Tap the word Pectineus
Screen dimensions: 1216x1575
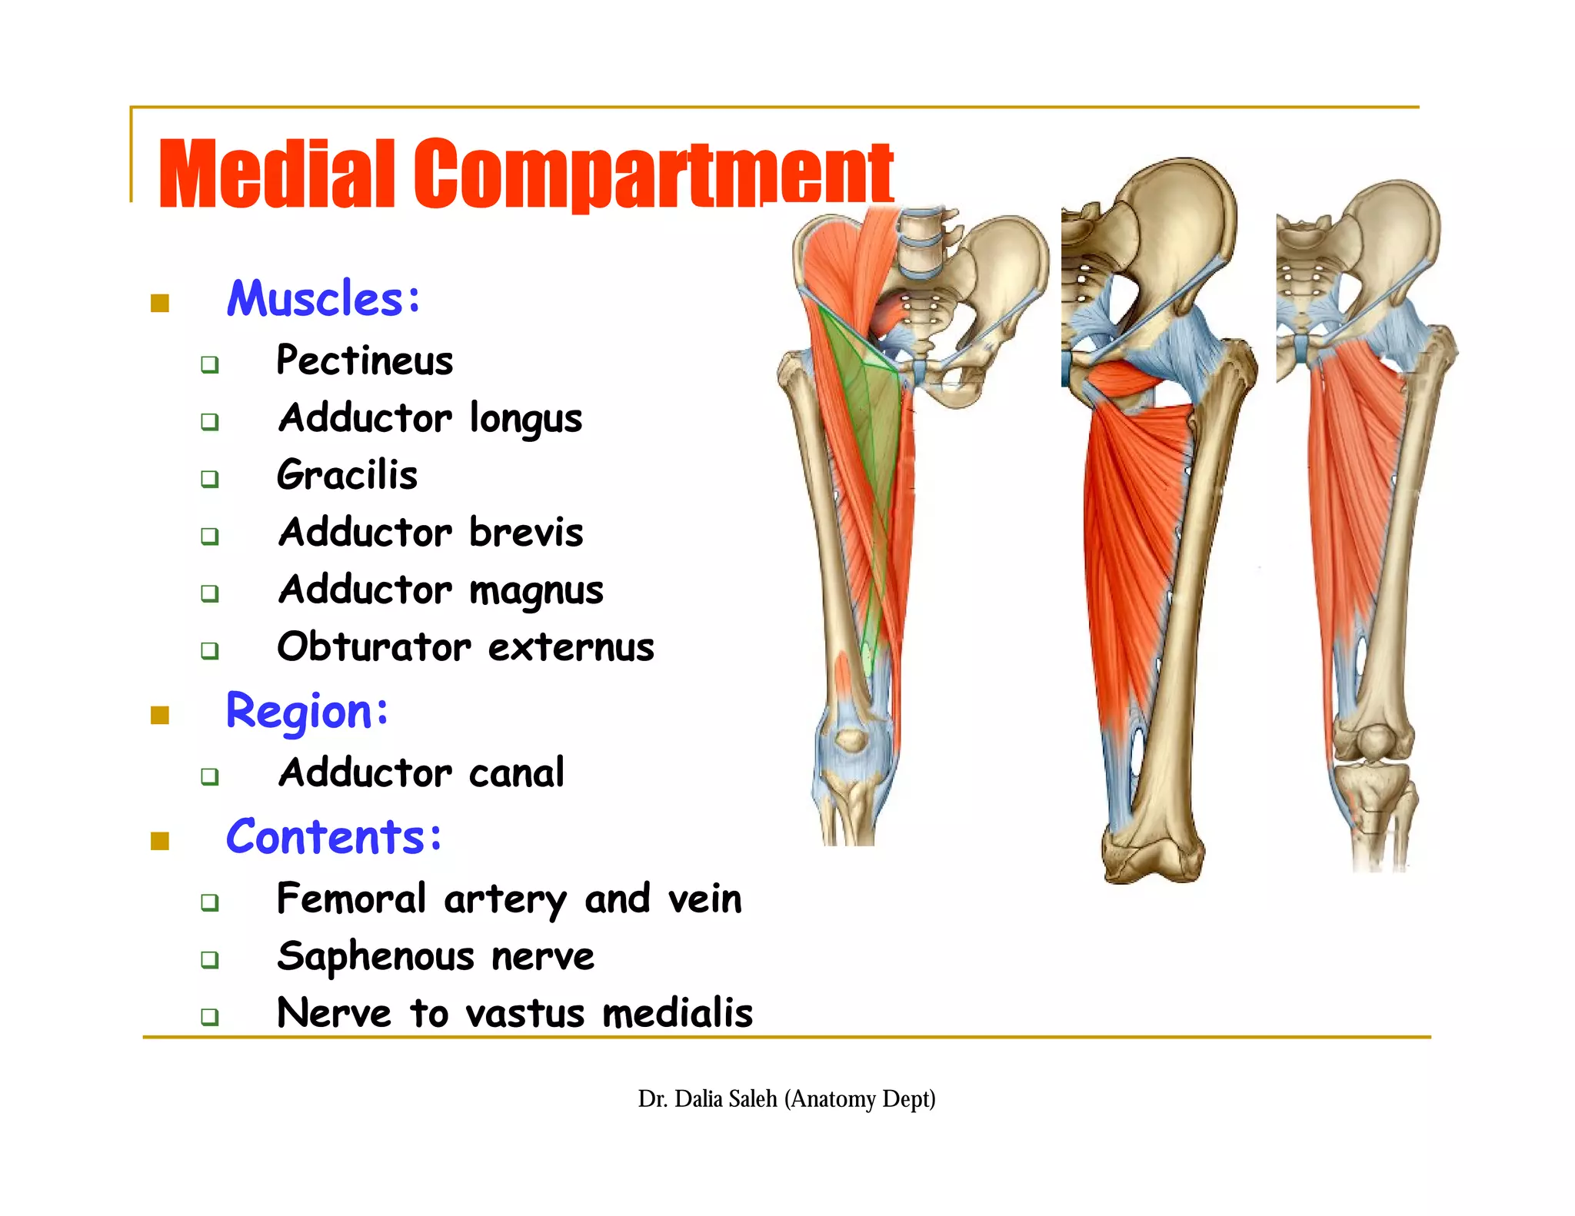coord(365,360)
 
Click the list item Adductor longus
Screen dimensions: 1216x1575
coord(430,419)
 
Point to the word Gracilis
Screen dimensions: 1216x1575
coord(347,475)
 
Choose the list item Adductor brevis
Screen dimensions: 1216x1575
coord(431,533)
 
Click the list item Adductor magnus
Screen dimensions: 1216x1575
coord(441,590)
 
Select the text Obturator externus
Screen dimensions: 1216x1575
coord(465,647)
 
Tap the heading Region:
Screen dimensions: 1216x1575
coord(307,711)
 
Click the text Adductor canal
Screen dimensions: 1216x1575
coord(421,772)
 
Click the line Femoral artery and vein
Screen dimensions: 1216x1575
coord(509,899)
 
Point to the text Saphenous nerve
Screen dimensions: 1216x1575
coord(435,957)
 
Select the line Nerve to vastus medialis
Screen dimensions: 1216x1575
coord(514,1013)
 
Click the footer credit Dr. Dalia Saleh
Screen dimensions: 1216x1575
coord(786,1099)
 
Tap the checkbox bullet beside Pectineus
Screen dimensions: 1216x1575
coord(210,364)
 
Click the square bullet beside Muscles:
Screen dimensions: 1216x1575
coord(160,304)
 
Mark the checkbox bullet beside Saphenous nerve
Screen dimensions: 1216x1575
coord(210,960)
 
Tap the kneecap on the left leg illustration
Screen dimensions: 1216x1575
coord(851,739)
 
